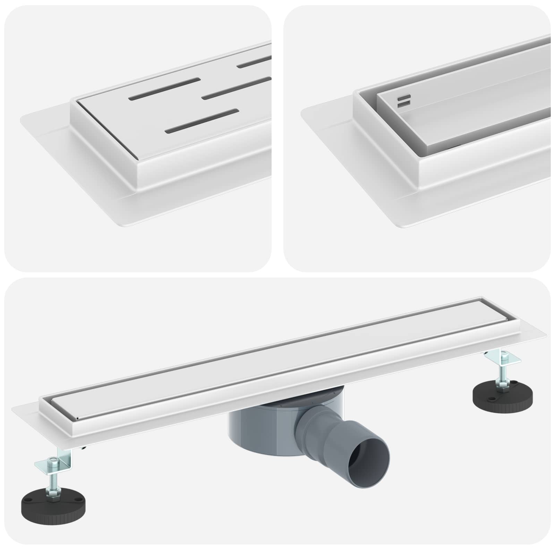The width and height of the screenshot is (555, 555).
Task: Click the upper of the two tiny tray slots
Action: [x=404, y=97]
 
